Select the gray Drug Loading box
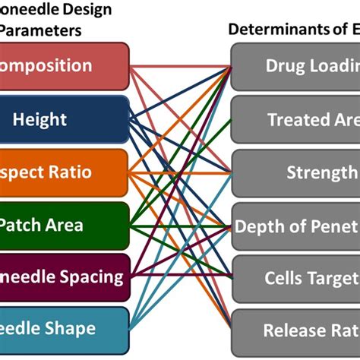tap(296, 66)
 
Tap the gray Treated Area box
tap(296, 119)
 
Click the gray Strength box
tap(296, 172)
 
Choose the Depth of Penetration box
tap(296, 226)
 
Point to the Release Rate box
tap(296, 330)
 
